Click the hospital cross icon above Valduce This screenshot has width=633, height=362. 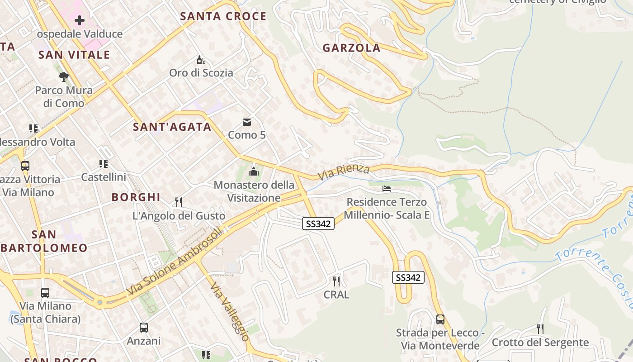coord(80,20)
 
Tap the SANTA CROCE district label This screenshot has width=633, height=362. coord(223,16)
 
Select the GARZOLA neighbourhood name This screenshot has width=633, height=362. coord(351,48)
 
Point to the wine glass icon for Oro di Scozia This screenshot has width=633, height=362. coord(201,60)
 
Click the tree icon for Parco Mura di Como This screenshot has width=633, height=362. coord(64,76)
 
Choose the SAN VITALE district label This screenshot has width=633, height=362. coord(74,55)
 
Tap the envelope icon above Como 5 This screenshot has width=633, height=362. coord(247,122)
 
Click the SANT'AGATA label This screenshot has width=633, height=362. coord(172,127)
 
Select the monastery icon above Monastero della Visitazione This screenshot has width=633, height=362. coord(254,171)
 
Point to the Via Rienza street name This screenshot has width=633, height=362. coord(344,172)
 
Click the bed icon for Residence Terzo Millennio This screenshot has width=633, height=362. coord(387,188)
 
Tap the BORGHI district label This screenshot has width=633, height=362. coord(136,197)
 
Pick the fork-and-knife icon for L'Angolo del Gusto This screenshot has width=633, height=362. coord(179,202)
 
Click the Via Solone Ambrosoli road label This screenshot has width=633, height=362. coord(175,261)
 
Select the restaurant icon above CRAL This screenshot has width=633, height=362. coord(336,281)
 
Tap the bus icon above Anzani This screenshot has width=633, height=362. coord(144,327)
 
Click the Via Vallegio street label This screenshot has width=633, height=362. coord(230,312)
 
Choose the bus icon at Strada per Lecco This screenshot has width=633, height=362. coord(440,319)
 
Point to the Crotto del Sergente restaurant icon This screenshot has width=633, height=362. coord(540,329)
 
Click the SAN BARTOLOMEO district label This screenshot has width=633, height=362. coord(44,241)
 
